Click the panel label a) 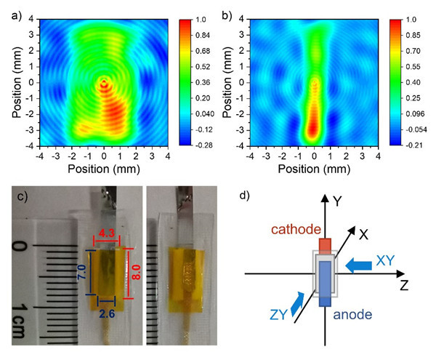pos(10,11)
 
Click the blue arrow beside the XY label pos(358,266)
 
